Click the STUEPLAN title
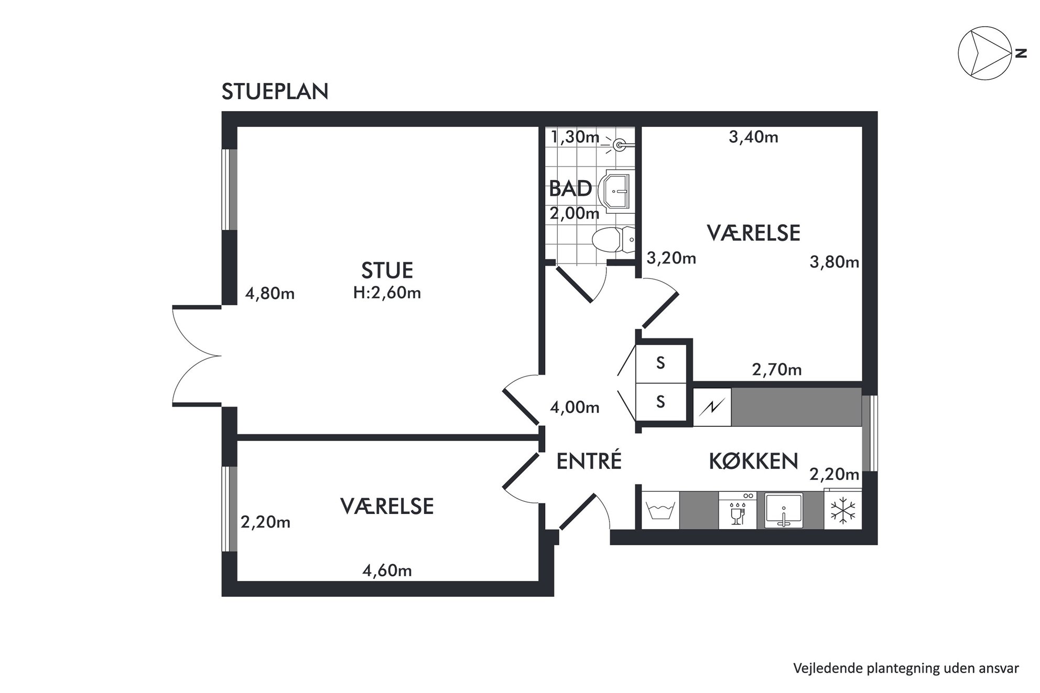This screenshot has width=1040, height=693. coord(275,92)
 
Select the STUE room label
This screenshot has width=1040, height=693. coord(387,270)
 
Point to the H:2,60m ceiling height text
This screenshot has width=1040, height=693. coord(387,292)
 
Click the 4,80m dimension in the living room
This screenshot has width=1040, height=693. coord(270,294)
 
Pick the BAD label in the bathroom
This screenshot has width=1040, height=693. coord(570,189)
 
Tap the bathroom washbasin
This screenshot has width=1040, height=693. coord(616,190)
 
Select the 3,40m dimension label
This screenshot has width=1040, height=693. coord(753,137)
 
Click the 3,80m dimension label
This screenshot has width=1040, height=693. coord(835,262)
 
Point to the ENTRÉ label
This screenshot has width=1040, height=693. coord(589,461)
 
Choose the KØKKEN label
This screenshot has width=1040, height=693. coord(753,461)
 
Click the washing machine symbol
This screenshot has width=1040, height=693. coord(660,510)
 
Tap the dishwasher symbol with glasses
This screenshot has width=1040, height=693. coord(738,510)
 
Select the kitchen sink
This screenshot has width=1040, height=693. coord(784,510)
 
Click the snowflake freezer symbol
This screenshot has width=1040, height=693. coord(843,510)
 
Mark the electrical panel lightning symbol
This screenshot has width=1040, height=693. coord(712,407)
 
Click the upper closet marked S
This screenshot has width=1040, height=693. coord(661,363)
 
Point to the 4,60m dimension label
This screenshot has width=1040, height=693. coord(387,570)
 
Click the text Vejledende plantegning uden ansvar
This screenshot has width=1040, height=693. coord(906,668)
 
